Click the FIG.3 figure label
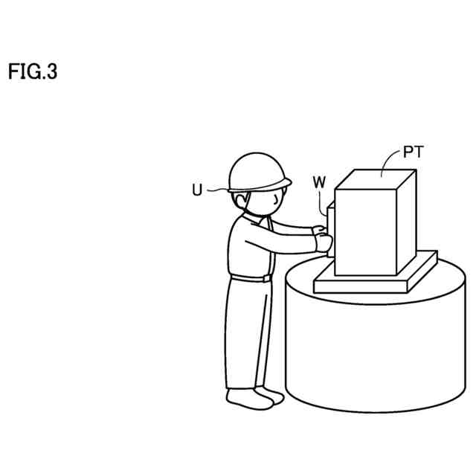coord(33,72)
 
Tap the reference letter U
coord(196,190)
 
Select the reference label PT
coord(414,153)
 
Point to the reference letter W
coord(319,181)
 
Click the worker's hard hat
coord(257,170)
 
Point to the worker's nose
coord(281,199)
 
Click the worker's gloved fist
coord(324,242)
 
